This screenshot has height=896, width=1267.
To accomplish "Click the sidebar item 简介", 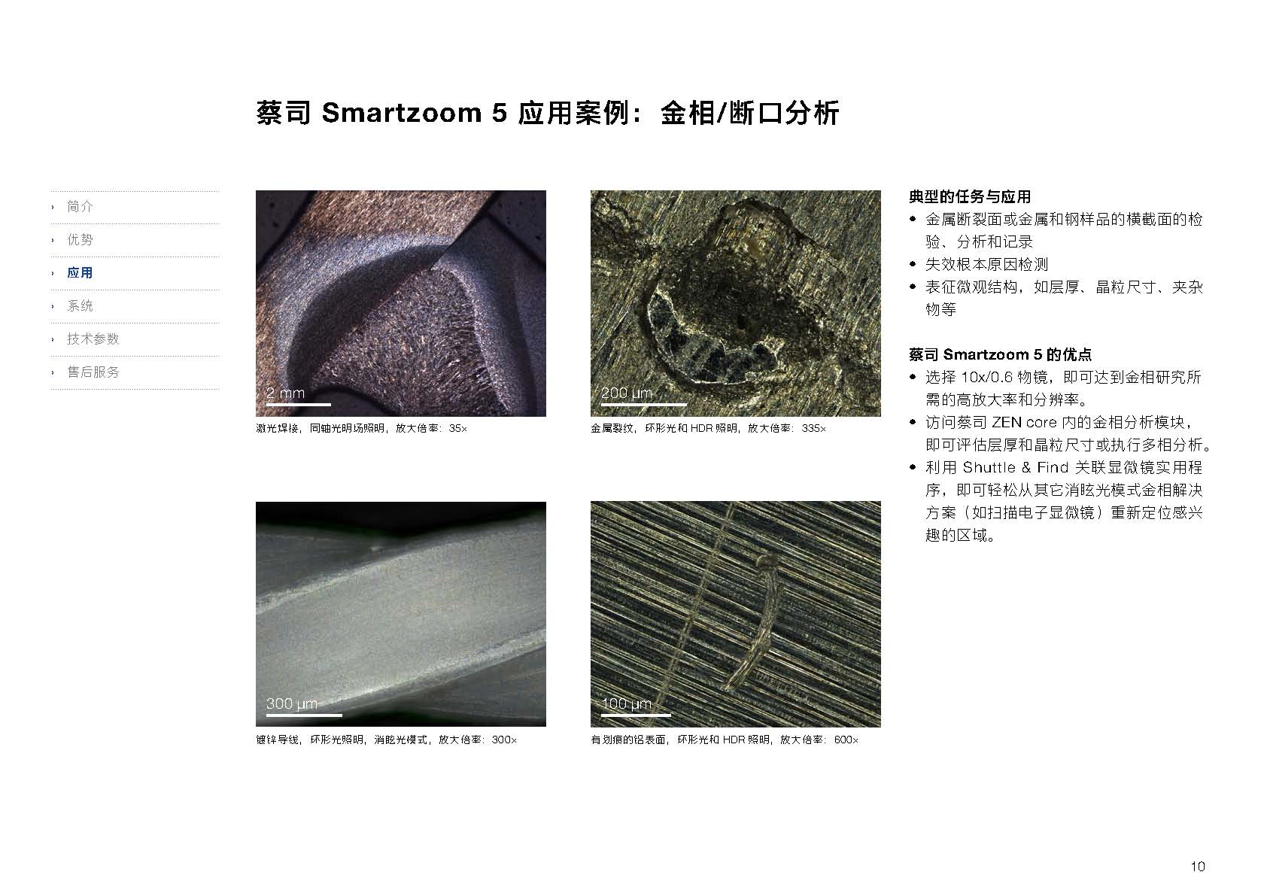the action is (80, 206).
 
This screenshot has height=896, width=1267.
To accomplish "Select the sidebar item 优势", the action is (80, 240).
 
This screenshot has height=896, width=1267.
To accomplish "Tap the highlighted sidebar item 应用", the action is (80, 272).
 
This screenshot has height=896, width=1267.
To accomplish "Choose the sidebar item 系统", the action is (80, 306).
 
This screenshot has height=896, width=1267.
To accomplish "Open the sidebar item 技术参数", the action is (93, 339).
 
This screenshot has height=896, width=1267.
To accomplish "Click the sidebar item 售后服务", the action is (93, 372).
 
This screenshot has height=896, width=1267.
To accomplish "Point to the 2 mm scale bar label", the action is (286, 393).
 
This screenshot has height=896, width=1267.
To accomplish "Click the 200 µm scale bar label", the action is (627, 393).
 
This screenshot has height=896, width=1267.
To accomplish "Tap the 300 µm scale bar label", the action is (292, 703).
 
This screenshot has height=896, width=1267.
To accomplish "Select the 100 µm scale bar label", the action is (627, 703).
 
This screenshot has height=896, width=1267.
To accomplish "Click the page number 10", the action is (1198, 867).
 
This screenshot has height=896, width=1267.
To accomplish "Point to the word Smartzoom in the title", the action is (402, 113).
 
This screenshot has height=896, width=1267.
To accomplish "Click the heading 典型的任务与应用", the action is (970, 197).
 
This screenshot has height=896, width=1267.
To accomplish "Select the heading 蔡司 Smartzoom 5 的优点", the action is (1000, 354).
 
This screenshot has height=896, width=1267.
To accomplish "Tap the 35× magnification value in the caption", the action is (457, 429).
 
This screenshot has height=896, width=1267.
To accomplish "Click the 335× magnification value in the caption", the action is (813, 429).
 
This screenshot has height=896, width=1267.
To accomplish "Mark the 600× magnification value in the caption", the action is (846, 740).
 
